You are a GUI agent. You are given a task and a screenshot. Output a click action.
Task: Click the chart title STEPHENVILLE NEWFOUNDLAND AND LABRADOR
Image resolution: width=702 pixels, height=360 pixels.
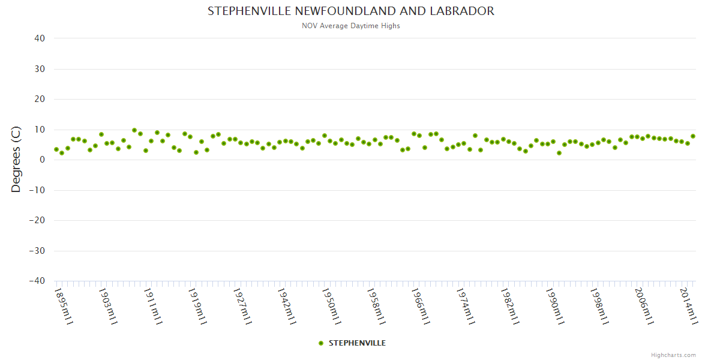[351, 11]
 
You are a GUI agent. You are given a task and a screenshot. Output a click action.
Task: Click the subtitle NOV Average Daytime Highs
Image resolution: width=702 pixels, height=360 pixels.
[351, 26]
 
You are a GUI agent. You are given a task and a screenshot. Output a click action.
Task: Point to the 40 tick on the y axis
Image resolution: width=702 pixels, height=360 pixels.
[40, 38]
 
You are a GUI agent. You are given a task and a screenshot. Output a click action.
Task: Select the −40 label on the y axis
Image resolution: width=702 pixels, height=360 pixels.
[37, 281]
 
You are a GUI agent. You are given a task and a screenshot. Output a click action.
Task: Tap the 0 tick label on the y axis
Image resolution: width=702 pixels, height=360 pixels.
[43, 160]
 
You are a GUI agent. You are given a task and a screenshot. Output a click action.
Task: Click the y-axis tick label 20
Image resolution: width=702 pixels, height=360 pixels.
[40, 99]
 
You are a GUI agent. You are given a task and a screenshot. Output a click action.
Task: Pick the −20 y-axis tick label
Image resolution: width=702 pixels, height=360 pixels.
[37, 220]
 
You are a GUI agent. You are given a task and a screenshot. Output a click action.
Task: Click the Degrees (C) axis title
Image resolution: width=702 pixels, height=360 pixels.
[16, 160]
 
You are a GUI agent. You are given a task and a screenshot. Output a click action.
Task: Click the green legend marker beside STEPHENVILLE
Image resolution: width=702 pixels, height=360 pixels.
[321, 343]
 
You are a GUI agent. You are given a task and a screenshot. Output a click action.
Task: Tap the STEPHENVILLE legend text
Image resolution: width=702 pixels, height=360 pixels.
[357, 343]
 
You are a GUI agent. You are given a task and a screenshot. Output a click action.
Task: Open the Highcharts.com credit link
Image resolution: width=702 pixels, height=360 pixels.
[673, 355]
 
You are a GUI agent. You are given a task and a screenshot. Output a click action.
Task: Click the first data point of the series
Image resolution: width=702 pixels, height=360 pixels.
[56, 149]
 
